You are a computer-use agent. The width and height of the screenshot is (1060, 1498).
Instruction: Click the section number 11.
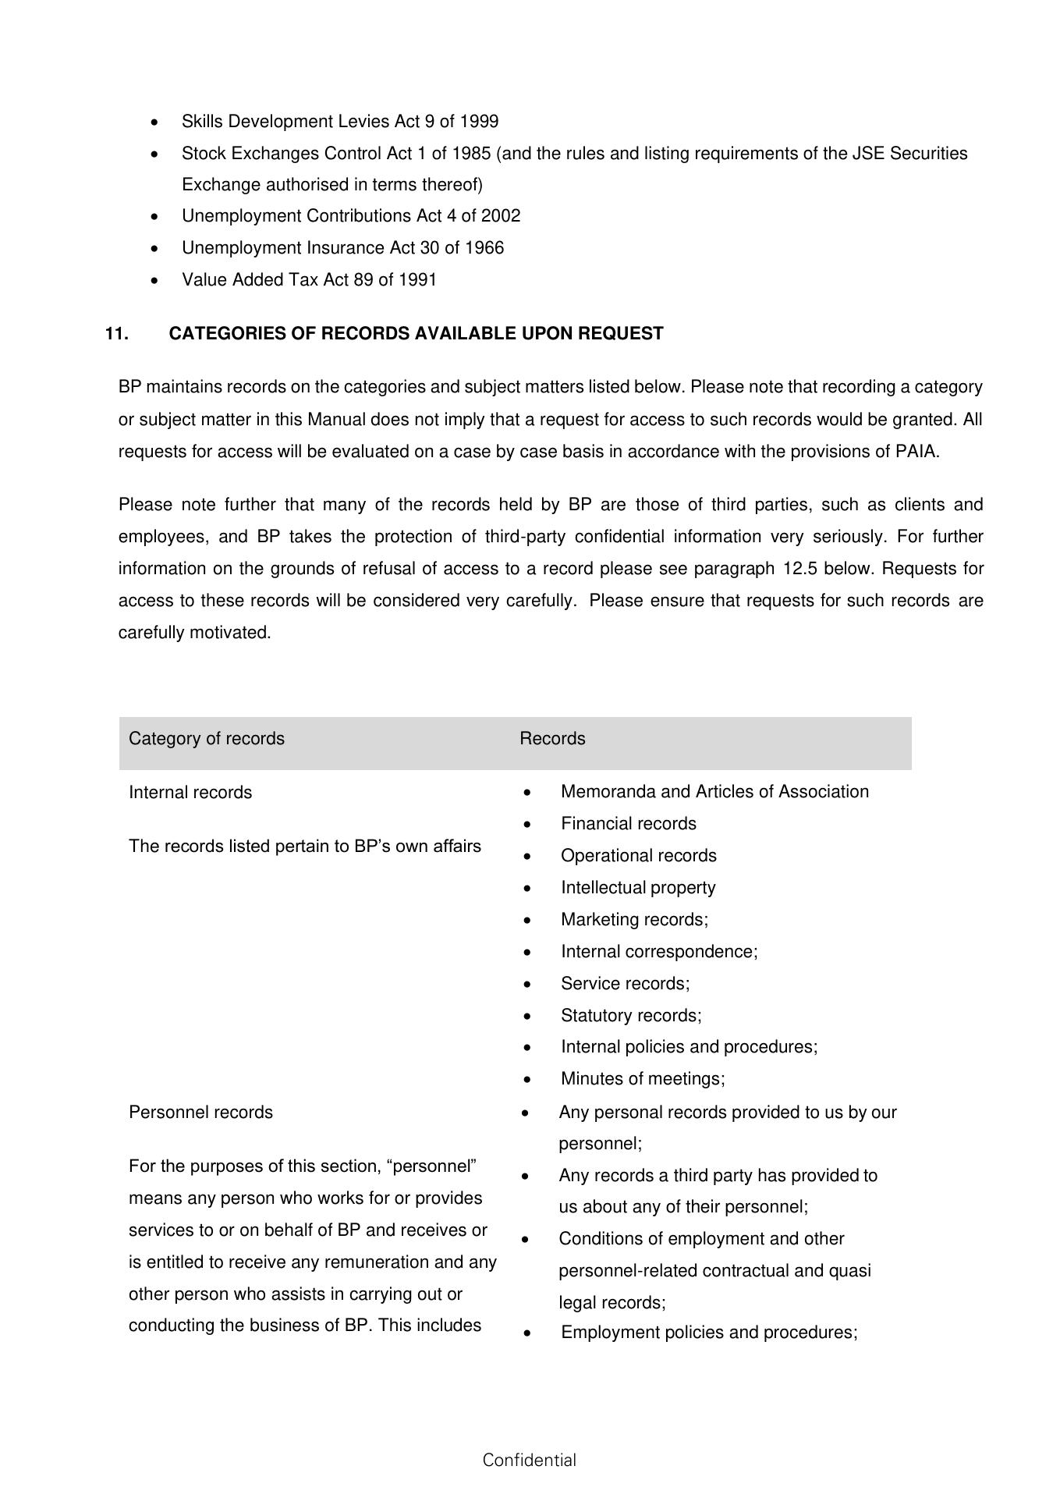pos(116,334)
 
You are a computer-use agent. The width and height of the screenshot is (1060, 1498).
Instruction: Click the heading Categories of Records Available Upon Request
pos(416,334)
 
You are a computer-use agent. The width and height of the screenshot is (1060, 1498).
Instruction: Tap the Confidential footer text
pos(529,1461)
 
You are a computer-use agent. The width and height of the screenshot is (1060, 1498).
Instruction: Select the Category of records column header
pos(207,739)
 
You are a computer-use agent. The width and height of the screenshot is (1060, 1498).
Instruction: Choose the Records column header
pos(552,739)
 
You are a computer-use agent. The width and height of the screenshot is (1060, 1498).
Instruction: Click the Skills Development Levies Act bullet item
pos(340,122)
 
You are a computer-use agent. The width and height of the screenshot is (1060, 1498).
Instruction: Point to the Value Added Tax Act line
pos(309,280)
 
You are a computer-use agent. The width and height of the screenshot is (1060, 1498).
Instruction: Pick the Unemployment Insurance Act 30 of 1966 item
pos(342,248)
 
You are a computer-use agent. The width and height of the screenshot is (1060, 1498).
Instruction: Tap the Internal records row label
pos(190,793)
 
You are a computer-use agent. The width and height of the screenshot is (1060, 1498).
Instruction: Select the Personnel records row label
pos(200,1113)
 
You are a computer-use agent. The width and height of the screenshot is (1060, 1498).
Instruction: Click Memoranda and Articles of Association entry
pos(714,792)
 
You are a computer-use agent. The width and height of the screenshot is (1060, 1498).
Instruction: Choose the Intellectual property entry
pos(638,888)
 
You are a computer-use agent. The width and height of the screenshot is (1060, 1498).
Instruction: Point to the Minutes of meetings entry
pos(643,1079)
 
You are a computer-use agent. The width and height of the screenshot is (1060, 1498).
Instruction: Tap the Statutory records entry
pos(631,1016)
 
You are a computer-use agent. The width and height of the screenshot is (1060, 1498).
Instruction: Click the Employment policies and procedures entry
pos(709,1333)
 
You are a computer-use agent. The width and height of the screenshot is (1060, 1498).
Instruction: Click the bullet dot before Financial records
pos(528,825)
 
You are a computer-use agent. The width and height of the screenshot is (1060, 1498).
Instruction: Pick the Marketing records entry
pos(634,920)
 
